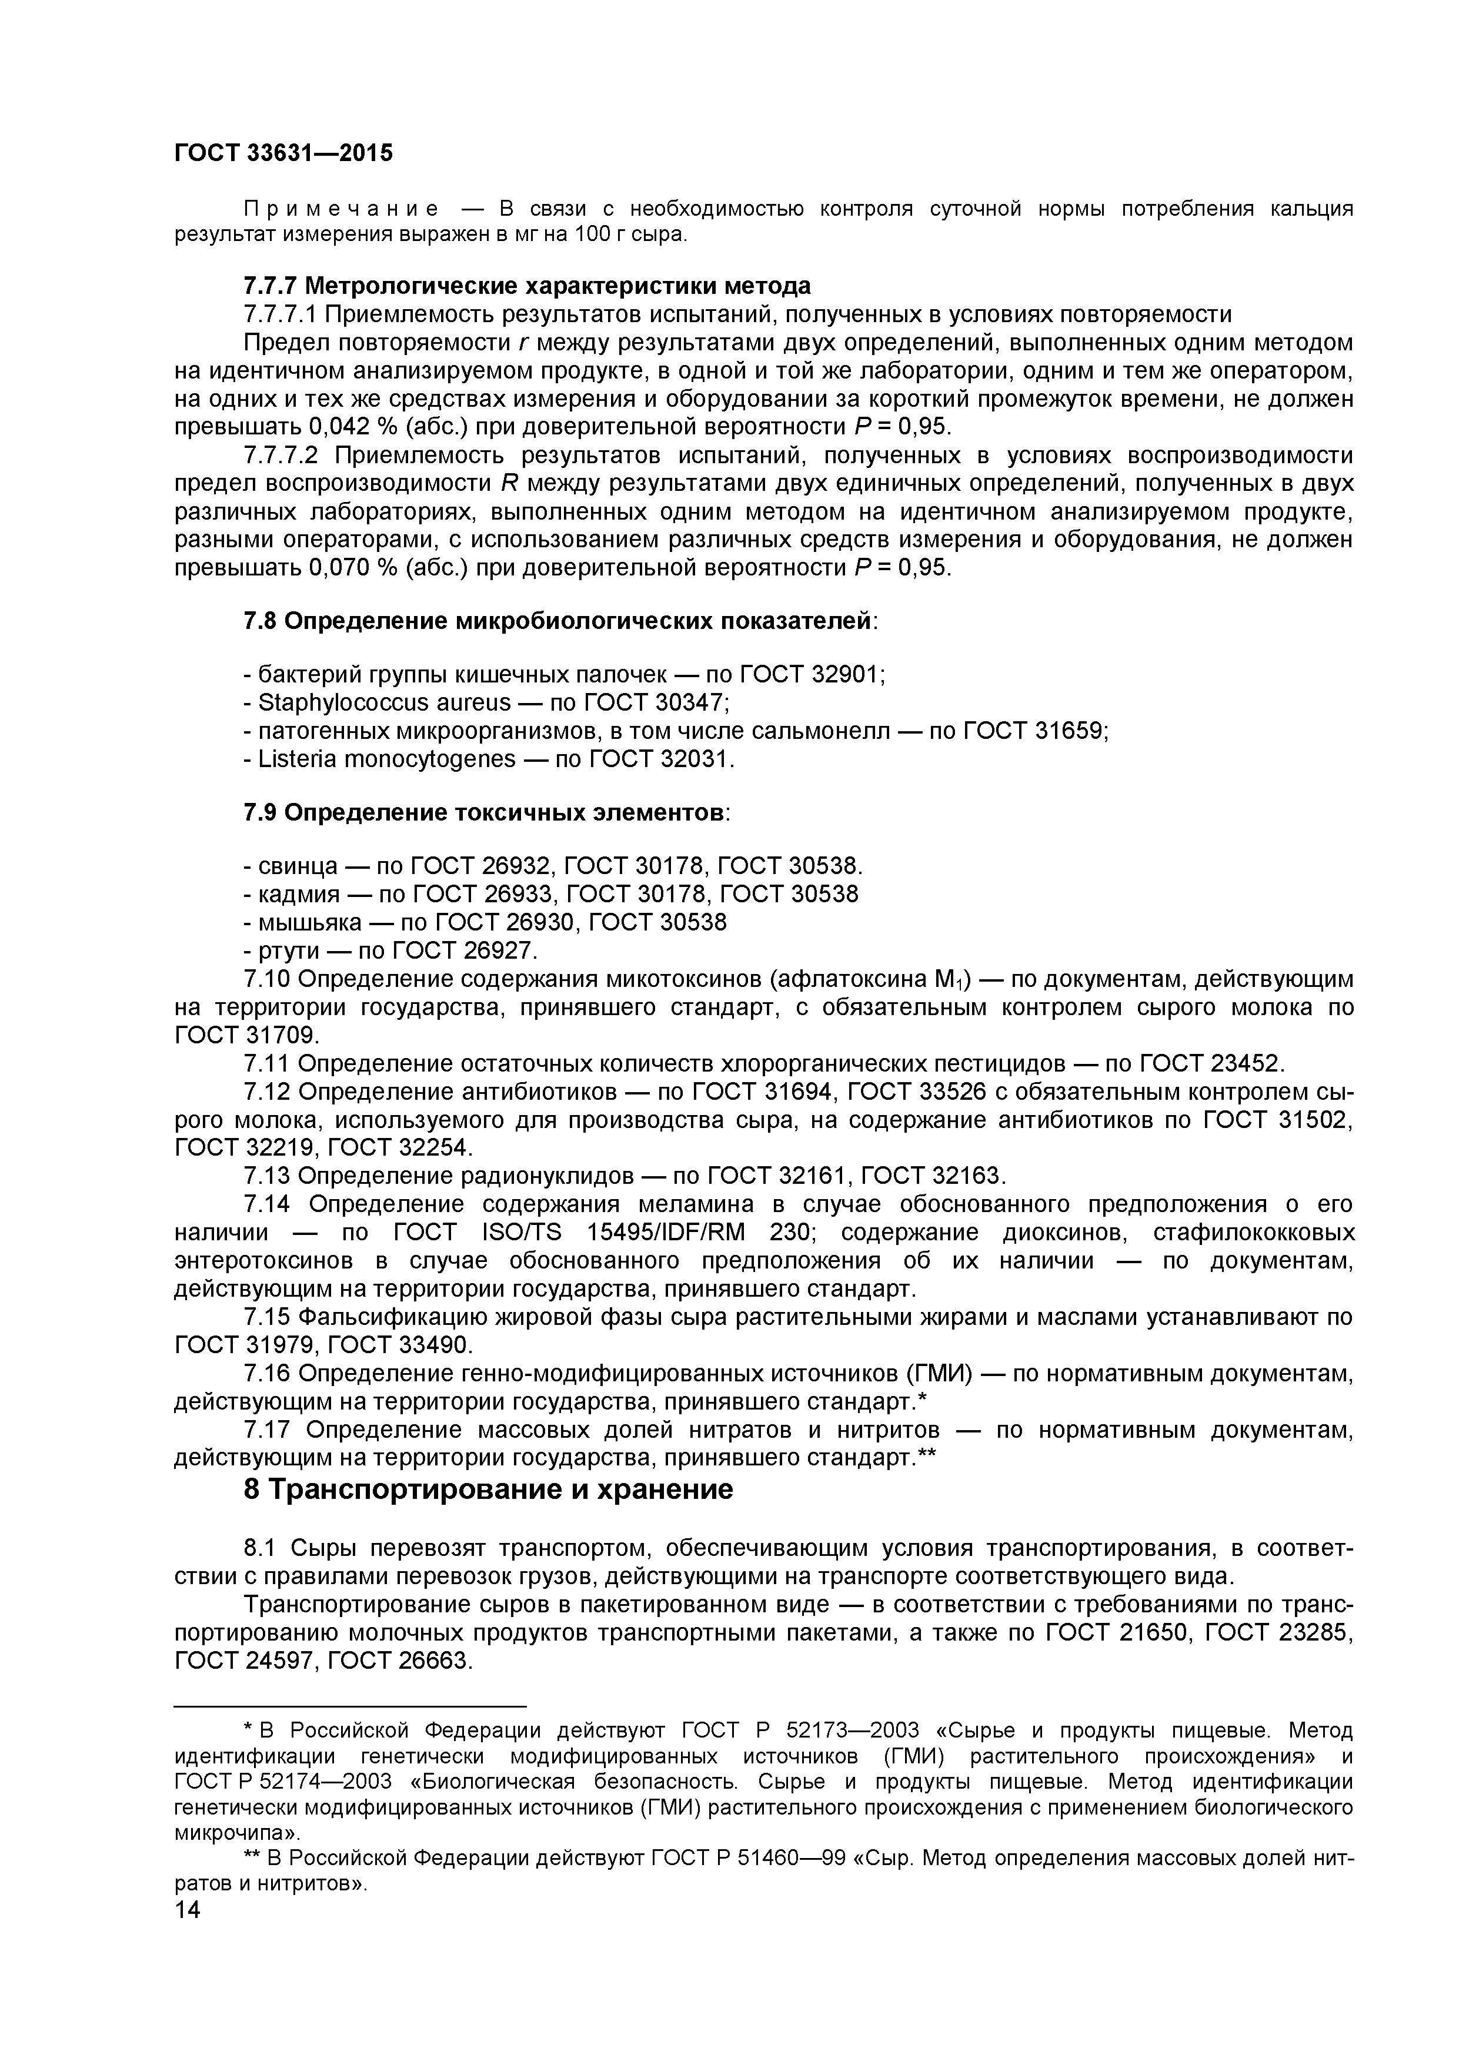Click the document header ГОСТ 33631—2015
tap(283, 153)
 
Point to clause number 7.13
tap(267, 1176)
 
